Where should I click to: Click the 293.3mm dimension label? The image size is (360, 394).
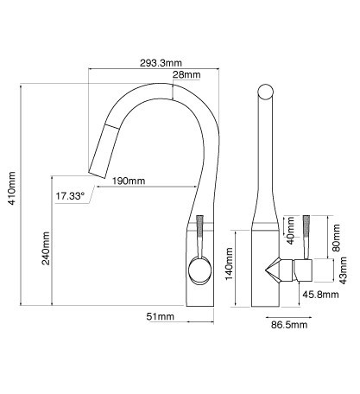coord(161,63)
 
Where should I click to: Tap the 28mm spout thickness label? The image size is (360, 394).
coord(186,75)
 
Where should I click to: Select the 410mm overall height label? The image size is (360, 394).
coord(12,188)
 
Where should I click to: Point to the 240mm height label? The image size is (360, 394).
coord(46,248)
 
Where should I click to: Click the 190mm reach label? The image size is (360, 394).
coord(129,181)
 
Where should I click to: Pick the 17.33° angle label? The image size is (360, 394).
coord(70,196)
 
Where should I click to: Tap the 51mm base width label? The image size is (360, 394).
coord(161,316)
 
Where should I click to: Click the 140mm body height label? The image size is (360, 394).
coord(229,264)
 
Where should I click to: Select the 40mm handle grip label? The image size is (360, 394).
coord(290,231)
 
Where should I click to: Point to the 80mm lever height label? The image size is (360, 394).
coord(336,238)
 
